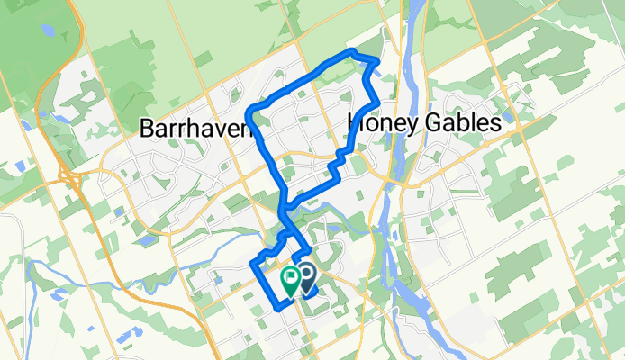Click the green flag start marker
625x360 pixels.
291,278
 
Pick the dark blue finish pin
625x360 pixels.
305,277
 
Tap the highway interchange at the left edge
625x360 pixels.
68,175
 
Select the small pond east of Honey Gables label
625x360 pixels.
510,115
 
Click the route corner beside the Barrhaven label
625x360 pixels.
256,110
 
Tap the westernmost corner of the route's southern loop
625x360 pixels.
250,263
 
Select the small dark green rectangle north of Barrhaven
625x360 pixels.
203,59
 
